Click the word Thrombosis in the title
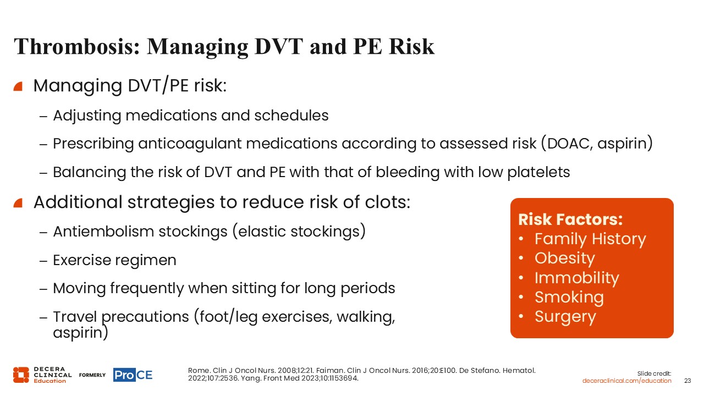[76, 47]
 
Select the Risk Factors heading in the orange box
[570, 219]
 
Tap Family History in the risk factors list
[590, 239]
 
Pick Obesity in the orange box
[565, 259]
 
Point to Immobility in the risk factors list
[577, 278]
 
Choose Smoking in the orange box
[569, 298]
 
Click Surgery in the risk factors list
[565, 317]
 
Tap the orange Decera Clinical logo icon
[21, 375]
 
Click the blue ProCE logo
[133, 375]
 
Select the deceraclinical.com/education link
[626, 381]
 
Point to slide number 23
[687, 381]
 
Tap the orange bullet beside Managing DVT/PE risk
[18, 86]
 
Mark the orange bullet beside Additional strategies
[18, 203]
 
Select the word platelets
[538, 173]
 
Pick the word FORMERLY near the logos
[92, 375]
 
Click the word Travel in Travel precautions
[75, 316]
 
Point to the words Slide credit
[654, 373]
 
